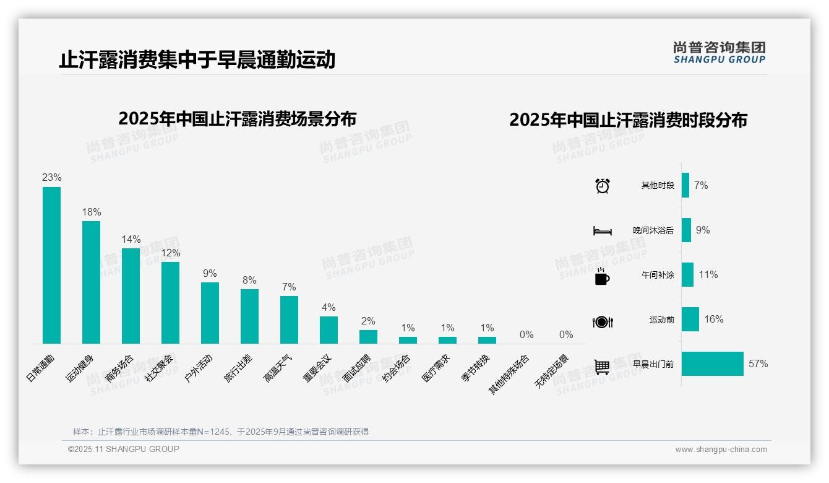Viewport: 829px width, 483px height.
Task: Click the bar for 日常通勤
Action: point(51,265)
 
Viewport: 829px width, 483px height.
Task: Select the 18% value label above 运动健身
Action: point(92,212)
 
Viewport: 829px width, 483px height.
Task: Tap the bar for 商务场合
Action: point(131,295)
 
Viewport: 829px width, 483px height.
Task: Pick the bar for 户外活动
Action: point(210,313)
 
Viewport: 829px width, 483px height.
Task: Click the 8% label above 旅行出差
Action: point(249,280)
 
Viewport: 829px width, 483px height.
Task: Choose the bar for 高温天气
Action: point(289,320)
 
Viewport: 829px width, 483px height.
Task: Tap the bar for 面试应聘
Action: point(368,336)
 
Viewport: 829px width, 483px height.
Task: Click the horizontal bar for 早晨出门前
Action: point(712,363)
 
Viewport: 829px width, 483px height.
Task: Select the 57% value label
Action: point(758,363)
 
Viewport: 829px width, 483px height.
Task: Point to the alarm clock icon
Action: point(602,186)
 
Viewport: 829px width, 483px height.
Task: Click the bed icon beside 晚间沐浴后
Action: point(602,230)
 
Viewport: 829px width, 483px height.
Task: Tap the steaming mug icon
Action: point(602,276)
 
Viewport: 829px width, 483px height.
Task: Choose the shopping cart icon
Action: point(602,367)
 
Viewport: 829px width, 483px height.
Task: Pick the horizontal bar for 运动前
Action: point(690,320)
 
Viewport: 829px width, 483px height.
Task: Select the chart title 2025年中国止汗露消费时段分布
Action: point(628,120)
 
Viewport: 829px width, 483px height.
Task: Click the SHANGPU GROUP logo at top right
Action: point(719,53)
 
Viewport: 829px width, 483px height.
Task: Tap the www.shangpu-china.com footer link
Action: point(721,450)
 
